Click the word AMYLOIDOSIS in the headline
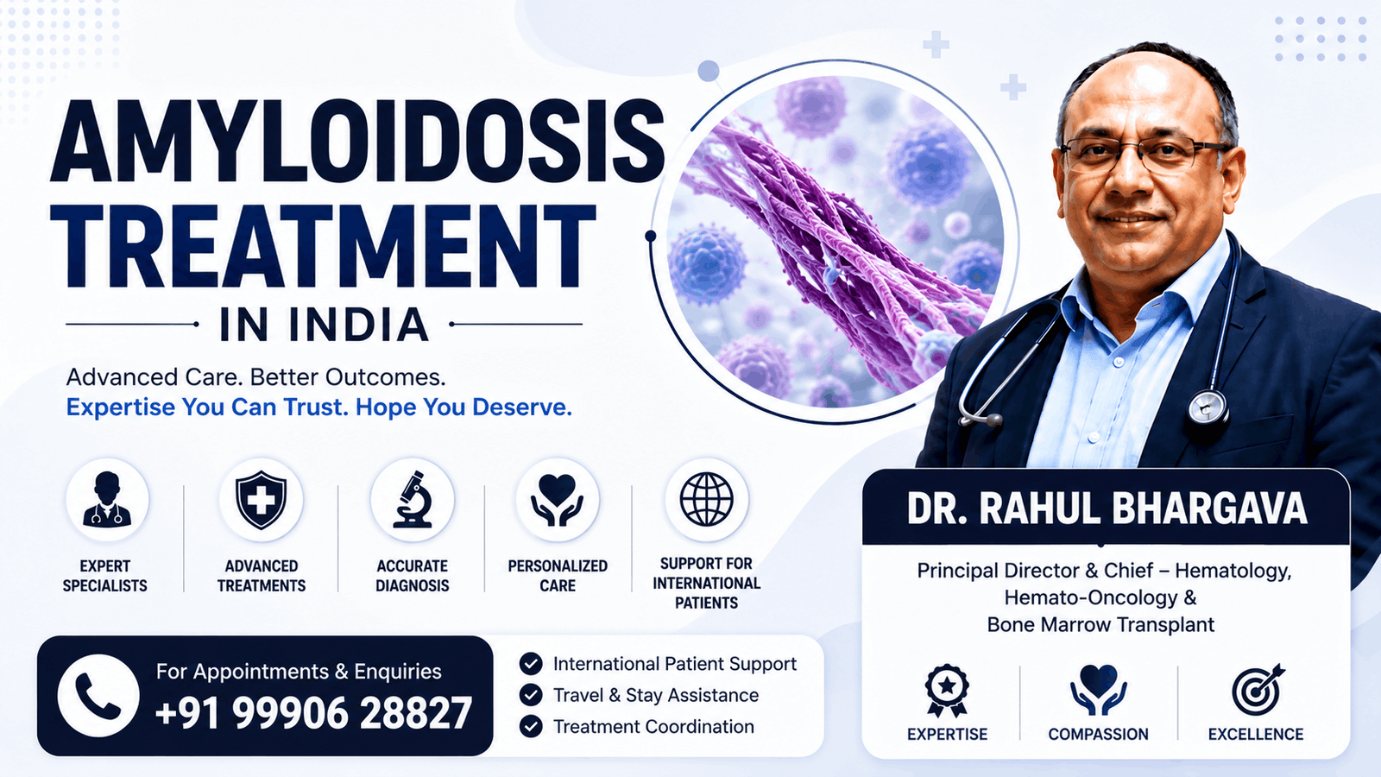coord(357,142)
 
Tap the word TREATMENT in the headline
coord(323,247)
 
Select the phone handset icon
coord(98,696)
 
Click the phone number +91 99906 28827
coord(313,713)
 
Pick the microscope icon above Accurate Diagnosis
coord(413,500)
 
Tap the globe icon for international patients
coord(707,500)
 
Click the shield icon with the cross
coord(261,500)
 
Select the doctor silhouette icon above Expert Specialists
coord(107,499)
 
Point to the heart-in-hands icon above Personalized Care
coord(558,500)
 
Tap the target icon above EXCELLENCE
coord(1258,689)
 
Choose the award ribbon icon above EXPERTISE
coord(947,691)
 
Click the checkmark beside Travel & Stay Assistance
coord(531,695)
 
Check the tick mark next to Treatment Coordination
coord(531,726)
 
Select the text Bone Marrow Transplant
coord(1100,625)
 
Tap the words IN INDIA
coord(325,325)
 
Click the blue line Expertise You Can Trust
coord(206,407)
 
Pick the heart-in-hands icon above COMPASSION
coord(1099,690)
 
